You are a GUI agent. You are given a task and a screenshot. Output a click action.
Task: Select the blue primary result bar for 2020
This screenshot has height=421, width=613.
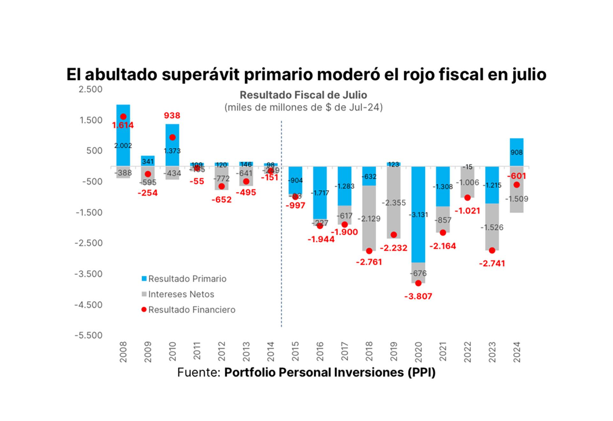pos(418,214)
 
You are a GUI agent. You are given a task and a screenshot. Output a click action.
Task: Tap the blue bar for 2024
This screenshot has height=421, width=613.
pos(516,152)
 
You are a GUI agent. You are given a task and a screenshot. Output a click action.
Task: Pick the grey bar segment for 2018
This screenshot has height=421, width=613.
pos(369,218)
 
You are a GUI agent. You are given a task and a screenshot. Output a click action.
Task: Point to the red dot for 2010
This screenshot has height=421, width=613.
pos(172,137)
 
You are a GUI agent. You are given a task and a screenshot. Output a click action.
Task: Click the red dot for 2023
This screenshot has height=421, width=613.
pos(492,251)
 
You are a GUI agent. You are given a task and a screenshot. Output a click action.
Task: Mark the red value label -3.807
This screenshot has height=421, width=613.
pos(418,296)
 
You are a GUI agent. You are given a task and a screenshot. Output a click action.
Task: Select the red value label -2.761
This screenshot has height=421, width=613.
pos(369,262)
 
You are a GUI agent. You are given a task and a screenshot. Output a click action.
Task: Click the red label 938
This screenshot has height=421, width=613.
pos(172,115)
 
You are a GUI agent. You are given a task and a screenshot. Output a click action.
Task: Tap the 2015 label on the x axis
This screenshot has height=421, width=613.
pos(295,352)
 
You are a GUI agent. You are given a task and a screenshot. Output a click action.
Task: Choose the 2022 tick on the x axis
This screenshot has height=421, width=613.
pos(468,352)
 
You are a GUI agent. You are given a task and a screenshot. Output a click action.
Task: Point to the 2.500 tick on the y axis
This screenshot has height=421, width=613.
pos(90,89)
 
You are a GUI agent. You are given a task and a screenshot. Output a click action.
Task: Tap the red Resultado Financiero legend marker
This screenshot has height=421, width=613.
pos(144,310)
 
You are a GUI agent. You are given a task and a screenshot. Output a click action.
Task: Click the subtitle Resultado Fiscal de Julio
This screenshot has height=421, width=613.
pos(303,95)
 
